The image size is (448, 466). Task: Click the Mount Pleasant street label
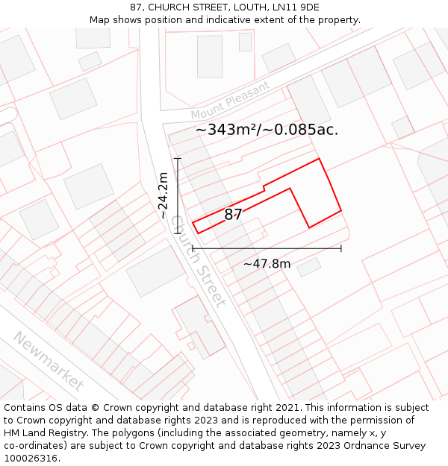coord(230,101)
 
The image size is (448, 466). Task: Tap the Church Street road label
coord(197,261)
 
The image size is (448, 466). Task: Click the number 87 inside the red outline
coord(234,215)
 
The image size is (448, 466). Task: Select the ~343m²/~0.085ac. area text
coord(267,130)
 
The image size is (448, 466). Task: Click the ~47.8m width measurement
coord(267,263)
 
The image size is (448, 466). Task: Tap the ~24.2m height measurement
coord(164,195)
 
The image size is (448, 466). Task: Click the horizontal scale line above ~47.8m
coord(267,248)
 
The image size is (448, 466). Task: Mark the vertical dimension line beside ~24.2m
coord(178,195)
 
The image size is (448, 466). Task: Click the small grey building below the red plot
coord(309,267)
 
